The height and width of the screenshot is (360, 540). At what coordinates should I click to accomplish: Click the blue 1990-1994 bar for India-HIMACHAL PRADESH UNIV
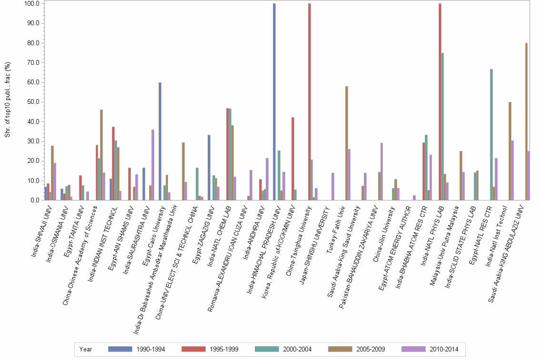point(274,102)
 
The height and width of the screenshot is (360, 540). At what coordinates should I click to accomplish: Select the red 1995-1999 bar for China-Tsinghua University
point(310,102)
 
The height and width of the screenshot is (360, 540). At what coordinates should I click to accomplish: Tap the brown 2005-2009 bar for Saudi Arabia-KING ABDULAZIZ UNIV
point(526,121)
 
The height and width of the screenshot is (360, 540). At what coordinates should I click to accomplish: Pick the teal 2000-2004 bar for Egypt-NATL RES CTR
point(491,135)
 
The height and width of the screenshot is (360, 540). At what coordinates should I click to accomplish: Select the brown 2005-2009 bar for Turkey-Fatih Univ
point(347,143)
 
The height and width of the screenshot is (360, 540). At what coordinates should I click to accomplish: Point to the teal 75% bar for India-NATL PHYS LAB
point(442,127)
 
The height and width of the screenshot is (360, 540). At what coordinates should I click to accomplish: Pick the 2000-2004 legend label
point(297,350)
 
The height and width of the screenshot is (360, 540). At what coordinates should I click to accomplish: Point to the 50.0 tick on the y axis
point(33,102)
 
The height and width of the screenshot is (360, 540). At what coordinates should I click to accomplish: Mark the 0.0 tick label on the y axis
point(34,200)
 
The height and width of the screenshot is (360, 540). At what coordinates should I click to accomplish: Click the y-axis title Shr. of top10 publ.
point(8,100)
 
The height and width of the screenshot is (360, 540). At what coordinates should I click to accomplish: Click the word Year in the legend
point(86,350)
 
